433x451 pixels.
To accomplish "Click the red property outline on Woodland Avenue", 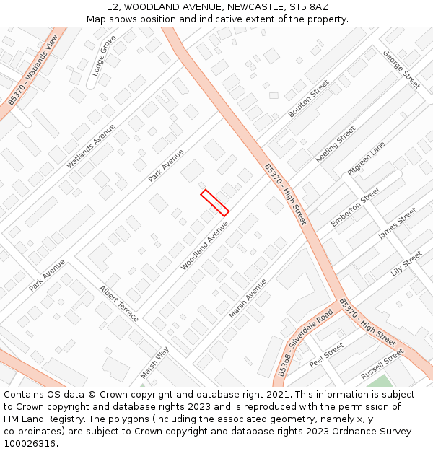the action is coord(215,203).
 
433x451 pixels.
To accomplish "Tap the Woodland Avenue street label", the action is coord(204,245).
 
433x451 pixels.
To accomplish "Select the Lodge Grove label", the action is coord(105,56).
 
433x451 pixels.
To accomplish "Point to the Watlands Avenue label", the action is coord(91,146).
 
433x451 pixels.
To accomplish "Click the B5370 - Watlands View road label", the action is coord(32,70).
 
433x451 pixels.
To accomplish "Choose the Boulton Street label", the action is coord(309,99).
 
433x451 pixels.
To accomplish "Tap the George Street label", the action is coord(401,69).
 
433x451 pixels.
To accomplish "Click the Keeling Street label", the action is coord(336,144).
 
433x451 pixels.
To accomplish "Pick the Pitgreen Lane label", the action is coord(367,159).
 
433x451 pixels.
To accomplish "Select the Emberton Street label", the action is coord(356,207).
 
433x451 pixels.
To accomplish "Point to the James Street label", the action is coord(398,224).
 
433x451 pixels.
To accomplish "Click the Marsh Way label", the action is coord(154,362).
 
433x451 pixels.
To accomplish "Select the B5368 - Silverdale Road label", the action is coord(305,343).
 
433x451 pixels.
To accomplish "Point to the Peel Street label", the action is coord(326,355).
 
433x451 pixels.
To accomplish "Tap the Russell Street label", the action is coord(382,364).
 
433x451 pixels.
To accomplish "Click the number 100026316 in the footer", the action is coord(30,443).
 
